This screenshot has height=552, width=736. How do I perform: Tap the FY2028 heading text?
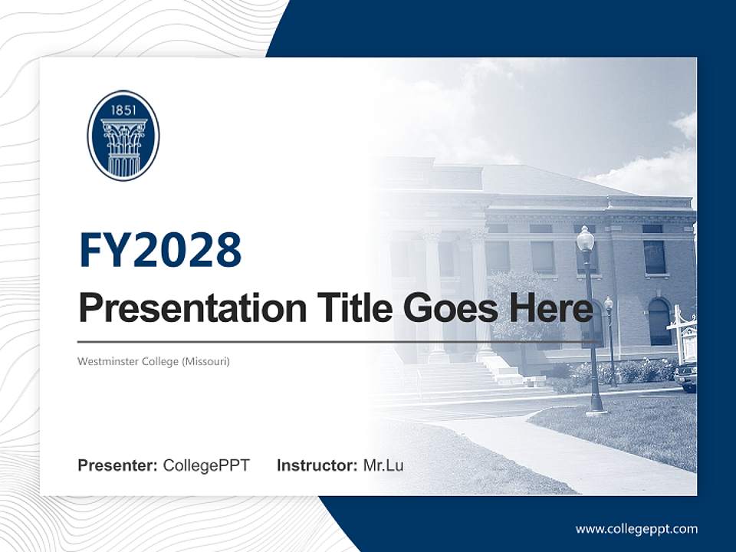pos(160,251)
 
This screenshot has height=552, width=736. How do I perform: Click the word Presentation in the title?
pos(182,309)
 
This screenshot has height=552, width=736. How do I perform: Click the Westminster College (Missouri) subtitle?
pos(154,360)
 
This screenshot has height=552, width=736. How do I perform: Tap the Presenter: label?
pos(118,465)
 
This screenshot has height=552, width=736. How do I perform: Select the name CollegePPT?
pos(206,465)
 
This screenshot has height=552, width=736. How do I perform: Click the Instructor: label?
pos(317,465)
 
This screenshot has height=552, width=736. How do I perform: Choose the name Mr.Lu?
pos(383,465)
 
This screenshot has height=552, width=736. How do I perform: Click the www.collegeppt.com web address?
pos(636,528)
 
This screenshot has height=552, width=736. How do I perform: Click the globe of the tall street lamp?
pos(586,239)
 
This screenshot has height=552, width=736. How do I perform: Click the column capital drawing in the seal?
pos(123,138)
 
